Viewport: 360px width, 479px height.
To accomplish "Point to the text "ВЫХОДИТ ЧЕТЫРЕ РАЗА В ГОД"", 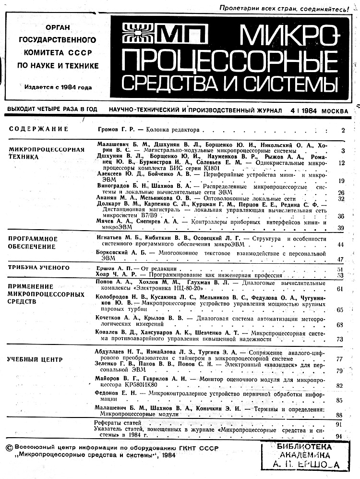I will [49, 111].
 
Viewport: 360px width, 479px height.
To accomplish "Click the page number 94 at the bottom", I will [340, 436].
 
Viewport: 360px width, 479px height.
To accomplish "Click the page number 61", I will [340, 289].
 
